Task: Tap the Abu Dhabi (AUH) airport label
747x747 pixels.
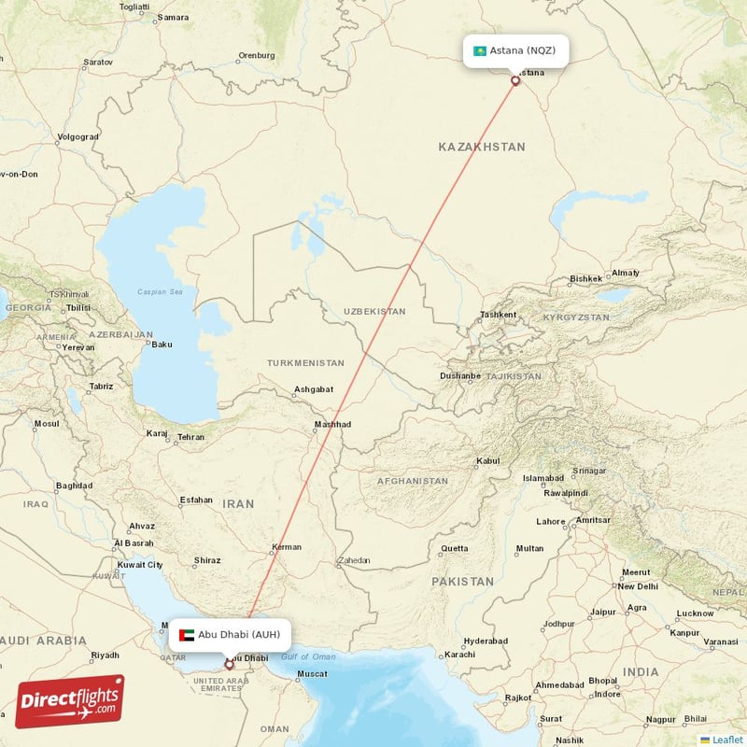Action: (238, 635)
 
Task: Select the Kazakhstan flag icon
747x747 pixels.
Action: (480, 50)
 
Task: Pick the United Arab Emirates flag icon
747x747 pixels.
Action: (186, 635)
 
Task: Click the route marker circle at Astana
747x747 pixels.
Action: (515, 80)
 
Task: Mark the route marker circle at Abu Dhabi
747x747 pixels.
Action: (230, 666)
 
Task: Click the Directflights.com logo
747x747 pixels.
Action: (69, 701)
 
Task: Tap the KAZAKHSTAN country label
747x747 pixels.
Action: (482, 148)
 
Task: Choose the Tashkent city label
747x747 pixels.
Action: (498, 315)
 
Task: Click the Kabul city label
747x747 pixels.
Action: (488, 461)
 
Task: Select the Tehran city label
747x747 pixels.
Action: (190, 437)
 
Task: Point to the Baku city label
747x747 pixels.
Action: (162, 345)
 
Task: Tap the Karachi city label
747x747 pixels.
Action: (460, 654)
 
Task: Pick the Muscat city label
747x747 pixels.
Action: (310, 674)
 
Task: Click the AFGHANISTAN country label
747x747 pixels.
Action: (412, 482)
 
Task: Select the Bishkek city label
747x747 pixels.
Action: (586, 279)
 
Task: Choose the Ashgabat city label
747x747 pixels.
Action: (314, 389)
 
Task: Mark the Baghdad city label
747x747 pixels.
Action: (74, 486)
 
